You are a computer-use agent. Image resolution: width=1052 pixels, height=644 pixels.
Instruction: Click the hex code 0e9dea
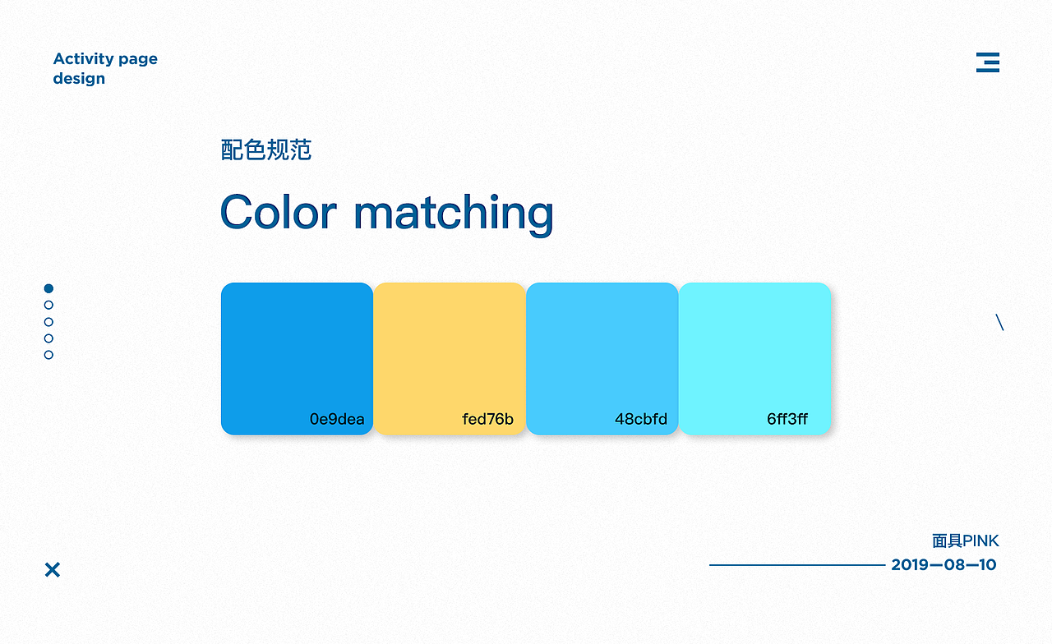tap(337, 419)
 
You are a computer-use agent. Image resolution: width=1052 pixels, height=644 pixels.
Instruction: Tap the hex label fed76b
tap(487, 419)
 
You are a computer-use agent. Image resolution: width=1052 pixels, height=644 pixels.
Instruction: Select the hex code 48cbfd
tap(641, 419)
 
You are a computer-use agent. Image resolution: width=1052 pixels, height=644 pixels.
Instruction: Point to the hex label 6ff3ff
tap(787, 419)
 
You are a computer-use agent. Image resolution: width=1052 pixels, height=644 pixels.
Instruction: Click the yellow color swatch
tap(450, 359)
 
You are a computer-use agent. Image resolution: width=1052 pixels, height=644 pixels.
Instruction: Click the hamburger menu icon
tap(988, 62)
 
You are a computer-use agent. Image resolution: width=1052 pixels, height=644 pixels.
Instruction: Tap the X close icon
tap(53, 570)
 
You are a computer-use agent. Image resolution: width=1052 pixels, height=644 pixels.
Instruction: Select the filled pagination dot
tap(48, 288)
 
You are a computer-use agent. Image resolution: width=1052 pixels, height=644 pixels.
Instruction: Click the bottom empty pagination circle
tap(48, 355)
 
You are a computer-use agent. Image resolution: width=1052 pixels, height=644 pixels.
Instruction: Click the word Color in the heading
tap(279, 212)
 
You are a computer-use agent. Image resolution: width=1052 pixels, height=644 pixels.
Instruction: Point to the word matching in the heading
tap(454, 214)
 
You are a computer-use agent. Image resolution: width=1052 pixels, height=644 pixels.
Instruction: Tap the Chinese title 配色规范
tap(265, 149)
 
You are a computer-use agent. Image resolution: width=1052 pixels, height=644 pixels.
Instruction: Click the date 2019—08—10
tap(944, 564)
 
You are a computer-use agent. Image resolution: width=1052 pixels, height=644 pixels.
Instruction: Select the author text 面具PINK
tap(966, 540)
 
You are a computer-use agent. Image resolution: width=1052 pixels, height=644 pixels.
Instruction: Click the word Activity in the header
tap(84, 60)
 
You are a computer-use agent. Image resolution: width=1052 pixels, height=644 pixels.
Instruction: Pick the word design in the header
tap(79, 78)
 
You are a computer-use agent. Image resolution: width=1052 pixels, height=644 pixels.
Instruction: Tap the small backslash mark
tap(1000, 323)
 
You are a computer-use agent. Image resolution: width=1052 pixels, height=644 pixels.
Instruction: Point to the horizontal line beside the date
tap(797, 565)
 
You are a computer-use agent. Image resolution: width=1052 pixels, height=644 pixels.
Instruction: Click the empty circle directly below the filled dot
tap(48, 305)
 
